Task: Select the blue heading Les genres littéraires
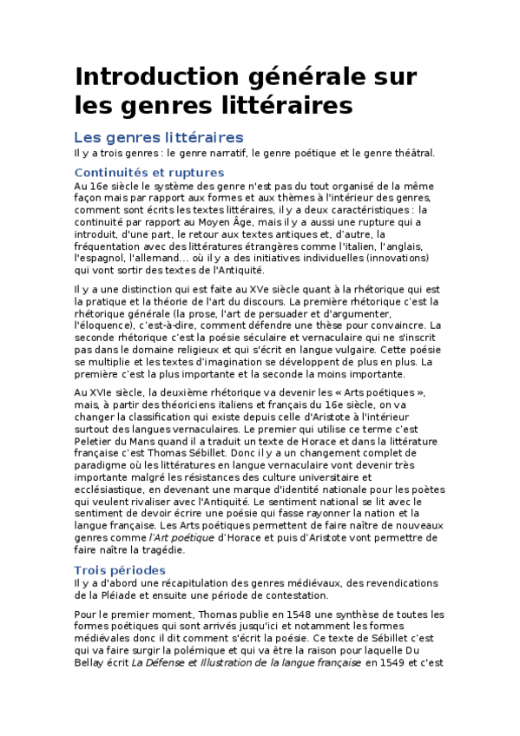pyautogui.click(x=159, y=137)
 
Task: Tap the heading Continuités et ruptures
pyautogui.click(x=149, y=173)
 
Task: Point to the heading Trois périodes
pyautogui.click(x=120, y=569)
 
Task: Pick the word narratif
pyautogui.click(x=223, y=153)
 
